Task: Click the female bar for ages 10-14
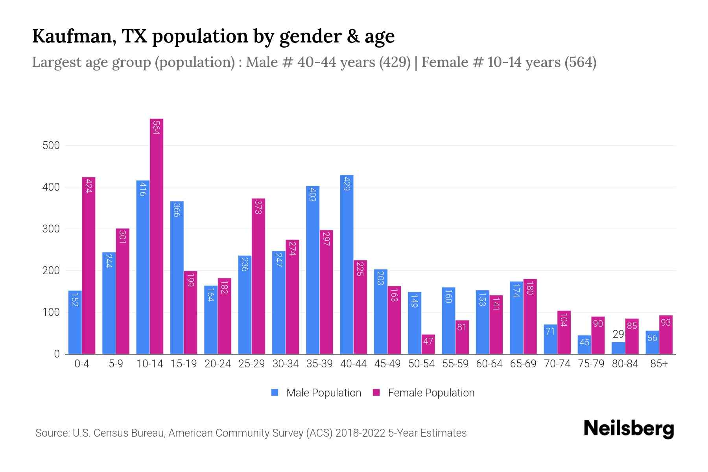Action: point(157,236)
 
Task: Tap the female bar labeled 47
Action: point(428,344)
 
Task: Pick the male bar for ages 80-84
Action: point(618,348)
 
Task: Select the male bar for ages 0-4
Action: point(75,323)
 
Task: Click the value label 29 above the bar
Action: point(618,334)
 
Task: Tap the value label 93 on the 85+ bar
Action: point(666,323)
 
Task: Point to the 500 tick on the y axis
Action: point(51,146)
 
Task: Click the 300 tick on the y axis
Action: point(51,229)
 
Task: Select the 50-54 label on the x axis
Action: point(421,364)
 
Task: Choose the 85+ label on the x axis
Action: point(659,364)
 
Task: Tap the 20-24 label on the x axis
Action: point(218,364)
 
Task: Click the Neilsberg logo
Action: point(629,428)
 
